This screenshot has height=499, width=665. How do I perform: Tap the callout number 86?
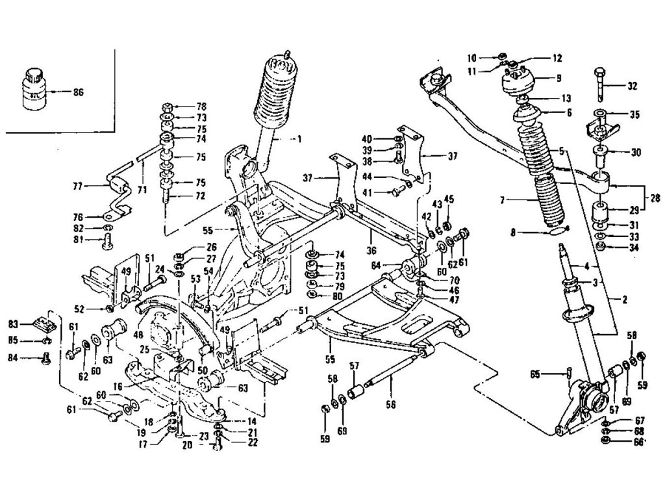point(78,93)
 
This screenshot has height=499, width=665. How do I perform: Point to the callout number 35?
point(634,115)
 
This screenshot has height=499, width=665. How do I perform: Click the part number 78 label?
point(183,107)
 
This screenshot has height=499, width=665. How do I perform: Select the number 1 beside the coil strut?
point(299,139)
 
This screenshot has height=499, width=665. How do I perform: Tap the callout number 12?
point(557,58)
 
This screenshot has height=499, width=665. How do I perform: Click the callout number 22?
point(234,442)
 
